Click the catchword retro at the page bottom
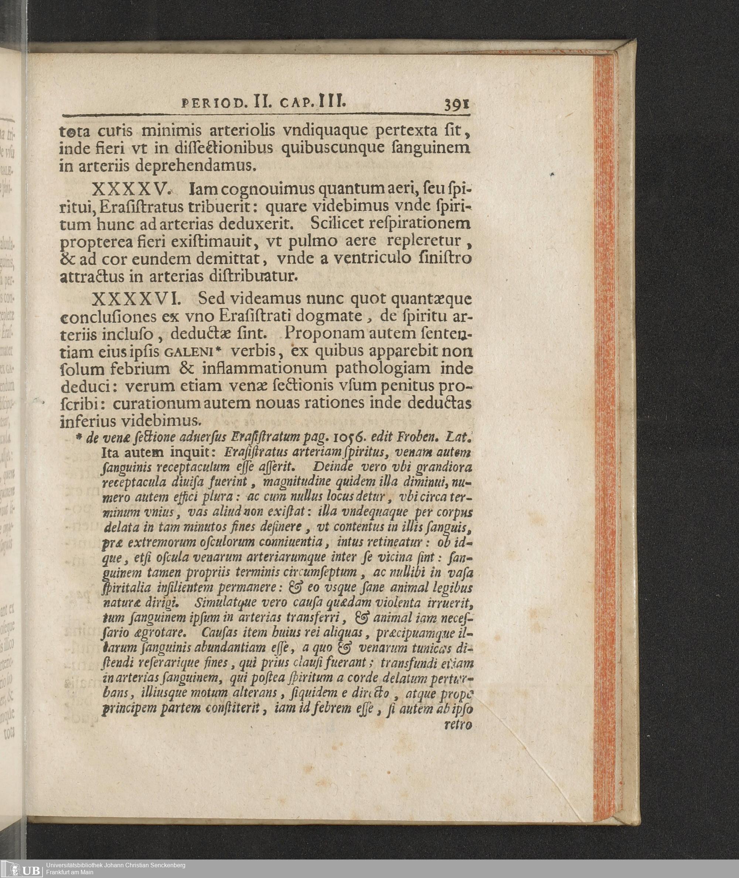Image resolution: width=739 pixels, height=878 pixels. (458, 724)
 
